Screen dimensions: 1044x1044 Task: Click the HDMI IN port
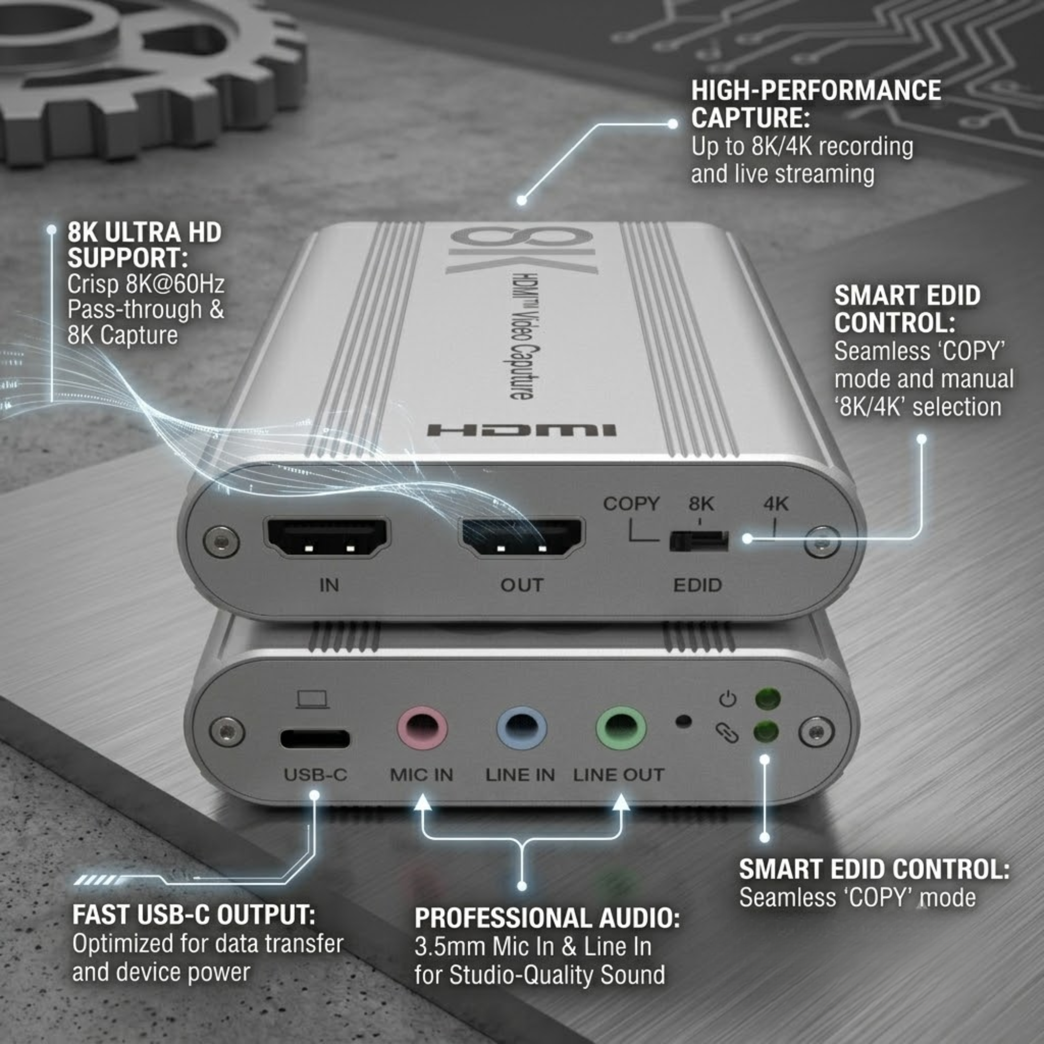(x=327, y=538)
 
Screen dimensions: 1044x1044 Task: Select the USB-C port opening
(x=314, y=738)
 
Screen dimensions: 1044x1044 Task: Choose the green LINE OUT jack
(x=621, y=728)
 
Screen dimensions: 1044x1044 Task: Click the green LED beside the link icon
(x=766, y=732)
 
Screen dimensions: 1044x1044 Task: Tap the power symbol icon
(x=727, y=699)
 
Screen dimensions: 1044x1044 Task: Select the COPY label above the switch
(x=631, y=504)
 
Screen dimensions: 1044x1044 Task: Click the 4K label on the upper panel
(x=776, y=504)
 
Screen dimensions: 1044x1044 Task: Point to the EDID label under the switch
(x=697, y=585)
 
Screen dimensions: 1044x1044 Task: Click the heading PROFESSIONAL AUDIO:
(x=547, y=918)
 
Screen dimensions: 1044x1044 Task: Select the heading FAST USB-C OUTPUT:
(x=194, y=915)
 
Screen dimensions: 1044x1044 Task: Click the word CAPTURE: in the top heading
(x=751, y=117)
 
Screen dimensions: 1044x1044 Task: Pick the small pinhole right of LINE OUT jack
(x=684, y=721)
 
